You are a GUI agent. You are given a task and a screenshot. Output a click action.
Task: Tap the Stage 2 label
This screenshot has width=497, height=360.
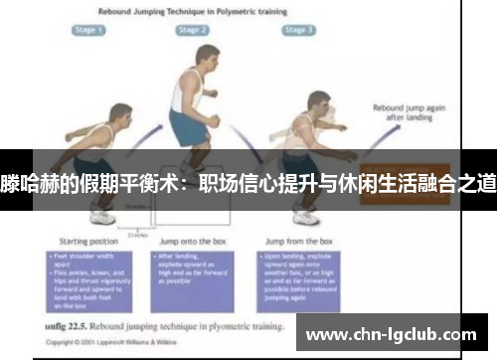coord(193,31)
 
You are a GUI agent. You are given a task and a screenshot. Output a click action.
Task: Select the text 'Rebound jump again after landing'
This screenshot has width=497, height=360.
coord(403,111)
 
